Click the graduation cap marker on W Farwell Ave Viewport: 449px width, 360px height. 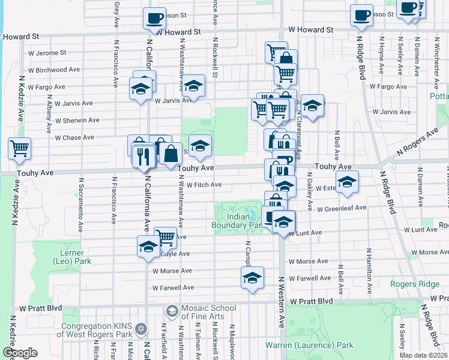pyautogui.click(x=252, y=277)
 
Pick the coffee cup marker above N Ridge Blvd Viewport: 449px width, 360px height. pyautogui.click(x=361, y=16)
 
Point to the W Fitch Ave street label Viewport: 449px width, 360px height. pyautogui.click(x=203, y=185)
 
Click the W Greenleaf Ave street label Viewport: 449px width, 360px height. pyautogui.click(x=342, y=208)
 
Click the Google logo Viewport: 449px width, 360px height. pyautogui.click(x=20, y=353)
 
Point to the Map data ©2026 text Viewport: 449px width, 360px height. pyautogui.click(x=424, y=355)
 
